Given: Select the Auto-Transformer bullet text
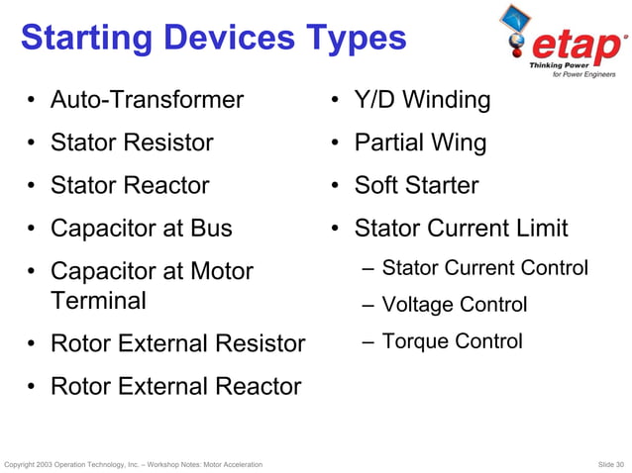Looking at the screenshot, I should coord(147,100).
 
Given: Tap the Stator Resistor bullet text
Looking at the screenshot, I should coord(132,142).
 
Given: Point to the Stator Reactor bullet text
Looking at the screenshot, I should coord(130,185).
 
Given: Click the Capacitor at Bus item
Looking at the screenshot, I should coord(142,228).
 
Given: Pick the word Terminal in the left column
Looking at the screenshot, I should coord(98,300).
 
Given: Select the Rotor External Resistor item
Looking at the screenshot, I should coord(177,343).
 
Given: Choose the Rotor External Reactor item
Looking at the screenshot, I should coord(175,386).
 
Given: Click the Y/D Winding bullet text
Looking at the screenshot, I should coord(422,100).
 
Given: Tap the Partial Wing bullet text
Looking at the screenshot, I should coord(420,142).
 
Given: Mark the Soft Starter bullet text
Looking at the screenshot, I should coord(416,185).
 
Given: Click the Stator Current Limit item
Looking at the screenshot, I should coord(461,229).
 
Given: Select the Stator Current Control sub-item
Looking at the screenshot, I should coord(484,268).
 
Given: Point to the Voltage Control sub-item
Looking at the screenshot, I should coord(454,305).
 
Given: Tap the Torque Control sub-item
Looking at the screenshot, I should coord(452,341).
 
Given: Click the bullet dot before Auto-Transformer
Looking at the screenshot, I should coord(33,101).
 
